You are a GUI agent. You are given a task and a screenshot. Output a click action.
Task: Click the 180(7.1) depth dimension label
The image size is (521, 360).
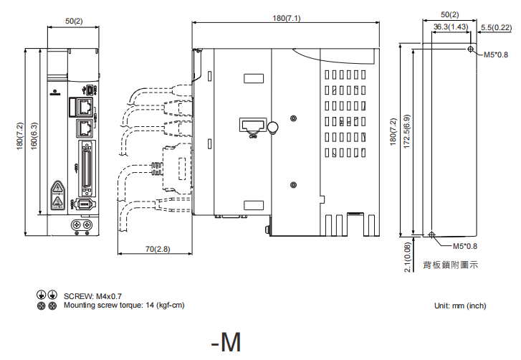click(x=285, y=17)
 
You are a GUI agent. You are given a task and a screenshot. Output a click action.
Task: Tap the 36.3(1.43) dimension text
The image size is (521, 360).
click(x=451, y=27)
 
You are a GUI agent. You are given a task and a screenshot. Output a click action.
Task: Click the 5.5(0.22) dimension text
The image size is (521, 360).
click(x=494, y=27)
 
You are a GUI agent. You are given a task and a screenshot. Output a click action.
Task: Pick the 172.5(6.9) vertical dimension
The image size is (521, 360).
click(x=406, y=141)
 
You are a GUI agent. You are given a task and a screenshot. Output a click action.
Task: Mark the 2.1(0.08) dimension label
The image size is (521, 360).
click(x=407, y=257)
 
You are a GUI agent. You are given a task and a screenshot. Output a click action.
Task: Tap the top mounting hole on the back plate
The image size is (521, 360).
click(x=470, y=49)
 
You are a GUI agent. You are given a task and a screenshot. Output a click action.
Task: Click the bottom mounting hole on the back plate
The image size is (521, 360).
click(x=431, y=235)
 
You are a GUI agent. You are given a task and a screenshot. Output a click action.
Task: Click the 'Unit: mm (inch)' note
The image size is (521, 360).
click(x=460, y=305)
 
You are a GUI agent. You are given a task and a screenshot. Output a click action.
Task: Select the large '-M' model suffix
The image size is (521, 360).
click(x=226, y=342)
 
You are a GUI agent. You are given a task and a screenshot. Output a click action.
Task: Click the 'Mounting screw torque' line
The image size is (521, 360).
click(x=124, y=305)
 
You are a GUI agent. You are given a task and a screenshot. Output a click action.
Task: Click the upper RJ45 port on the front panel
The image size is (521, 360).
click(x=85, y=107)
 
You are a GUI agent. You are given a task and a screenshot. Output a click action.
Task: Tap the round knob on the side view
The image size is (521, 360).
click(x=272, y=128)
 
